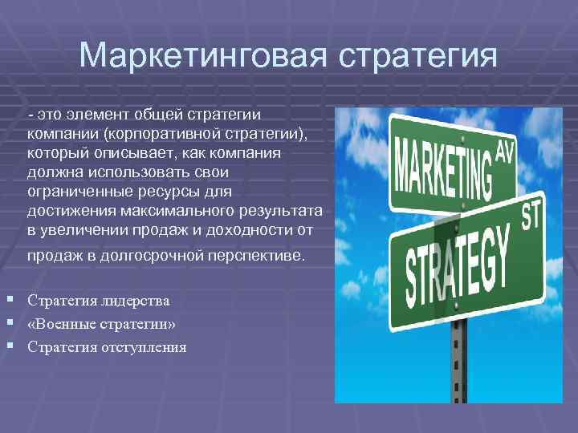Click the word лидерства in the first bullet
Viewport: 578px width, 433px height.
[133, 301]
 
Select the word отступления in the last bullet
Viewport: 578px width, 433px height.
[143, 347]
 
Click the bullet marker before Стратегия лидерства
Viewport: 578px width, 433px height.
[8, 300]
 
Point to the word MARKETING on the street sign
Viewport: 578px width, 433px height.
[442, 168]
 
